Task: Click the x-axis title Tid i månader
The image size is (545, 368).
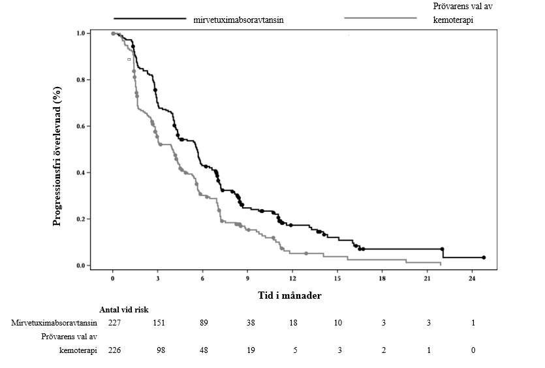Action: click(288, 295)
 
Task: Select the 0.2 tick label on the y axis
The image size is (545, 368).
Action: click(82, 219)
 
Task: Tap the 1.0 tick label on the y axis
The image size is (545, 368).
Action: click(82, 33)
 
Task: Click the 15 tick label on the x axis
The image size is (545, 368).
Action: click(337, 278)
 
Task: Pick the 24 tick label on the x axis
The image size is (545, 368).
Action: click(473, 278)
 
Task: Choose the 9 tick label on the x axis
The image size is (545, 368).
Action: click(248, 278)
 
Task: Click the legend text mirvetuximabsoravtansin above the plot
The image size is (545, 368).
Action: click(238, 20)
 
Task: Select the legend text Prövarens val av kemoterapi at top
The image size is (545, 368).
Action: click(452, 14)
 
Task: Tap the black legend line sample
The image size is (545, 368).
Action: click(150, 18)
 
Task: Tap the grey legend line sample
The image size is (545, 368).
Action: click(380, 18)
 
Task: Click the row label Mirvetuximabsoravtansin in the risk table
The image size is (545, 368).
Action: click(55, 323)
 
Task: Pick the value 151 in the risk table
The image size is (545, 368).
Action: click(158, 323)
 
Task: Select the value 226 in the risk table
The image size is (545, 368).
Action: click(114, 350)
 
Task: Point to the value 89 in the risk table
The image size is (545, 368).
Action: click(203, 323)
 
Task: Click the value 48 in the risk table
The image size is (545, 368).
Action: click(203, 350)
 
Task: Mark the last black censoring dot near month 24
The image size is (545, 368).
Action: click(484, 258)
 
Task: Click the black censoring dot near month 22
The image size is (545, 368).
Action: click(443, 249)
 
